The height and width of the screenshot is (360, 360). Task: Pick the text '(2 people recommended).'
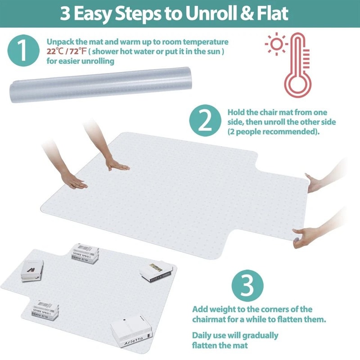point(273,132)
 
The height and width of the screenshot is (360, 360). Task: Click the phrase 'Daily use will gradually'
point(235,335)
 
